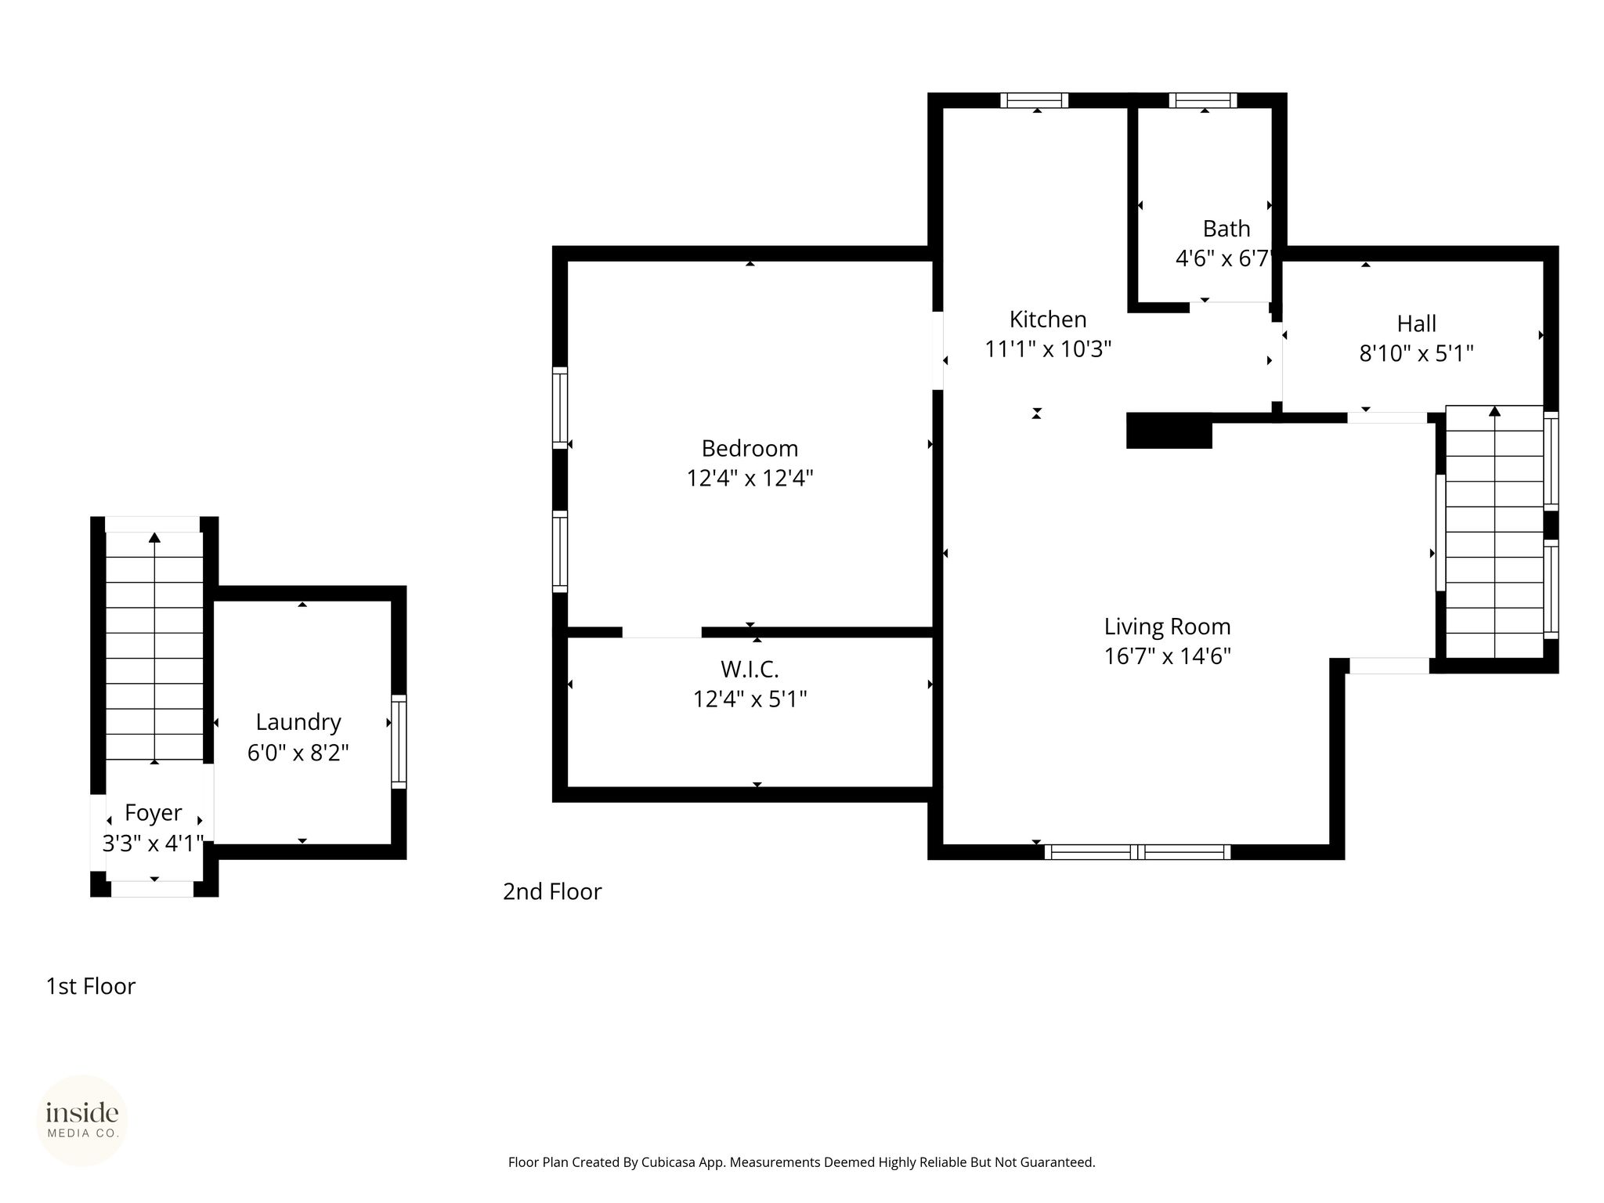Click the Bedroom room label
pyautogui.click(x=750, y=449)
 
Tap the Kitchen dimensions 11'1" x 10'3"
pyautogui.click(x=1048, y=349)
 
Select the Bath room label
pyautogui.click(x=1226, y=229)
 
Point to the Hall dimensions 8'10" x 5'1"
pyautogui.click(x=1416, y=354)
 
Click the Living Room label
pyautogui.click(x=1167, y=627)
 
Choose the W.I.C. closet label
pyautogui.click(x=750, y=670)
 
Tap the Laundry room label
pyautogui.click(x=298, y=723)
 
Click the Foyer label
pyautogui.click(x=154, y=814)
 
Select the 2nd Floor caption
pyautogui.click(x=552, y=892)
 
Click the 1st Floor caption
pyautogui.click(x=91, y=987)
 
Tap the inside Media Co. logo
pyautogui.click(x=82, y=1121)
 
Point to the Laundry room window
pyautogui.click(x=399, y=741)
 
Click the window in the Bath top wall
pyautogui.click(x=1203, y=100)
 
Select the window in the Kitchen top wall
pyautogui.click(x=1035, y=100)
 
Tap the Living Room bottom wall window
pyautogui.click(x=1137, y=852)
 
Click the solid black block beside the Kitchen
pyautogui.click(x=1169, y=431)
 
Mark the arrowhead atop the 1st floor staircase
pyautogui.click(x=154, y=537)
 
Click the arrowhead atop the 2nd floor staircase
pyautogui.click(x=1494, y=410)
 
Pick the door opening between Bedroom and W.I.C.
pyautogui.click(x=662, y=632)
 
